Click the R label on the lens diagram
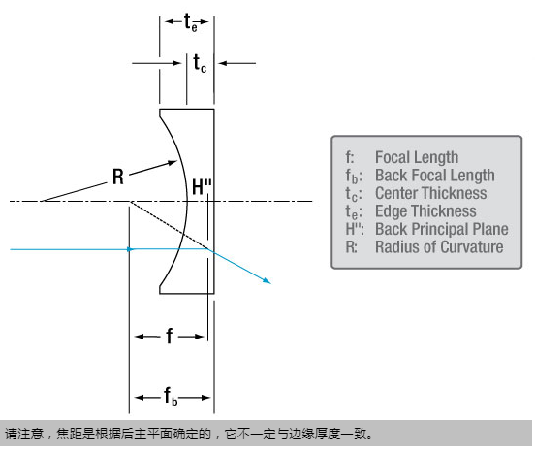point(118,177)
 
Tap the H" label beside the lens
point(202,187)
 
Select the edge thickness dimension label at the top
point(190,22)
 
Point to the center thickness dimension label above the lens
point(200,63)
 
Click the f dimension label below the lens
point(170,336)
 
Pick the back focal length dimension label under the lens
point(171,397)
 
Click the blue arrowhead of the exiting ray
point(267,280)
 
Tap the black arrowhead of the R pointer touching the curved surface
point(173,163)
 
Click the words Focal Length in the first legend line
point(417,157)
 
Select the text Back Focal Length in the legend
point(434,176)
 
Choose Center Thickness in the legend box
point(431,193)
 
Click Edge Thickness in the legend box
point(425,211)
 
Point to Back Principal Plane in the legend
point(442,229)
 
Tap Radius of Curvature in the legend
point(439,246)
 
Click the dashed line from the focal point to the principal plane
point(169,225)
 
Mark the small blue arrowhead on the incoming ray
point(130,249)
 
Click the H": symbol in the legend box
point(355,229)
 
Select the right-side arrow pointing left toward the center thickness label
point(237,63)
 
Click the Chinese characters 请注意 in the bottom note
point(24,434)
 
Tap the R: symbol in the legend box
point(352,246)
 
